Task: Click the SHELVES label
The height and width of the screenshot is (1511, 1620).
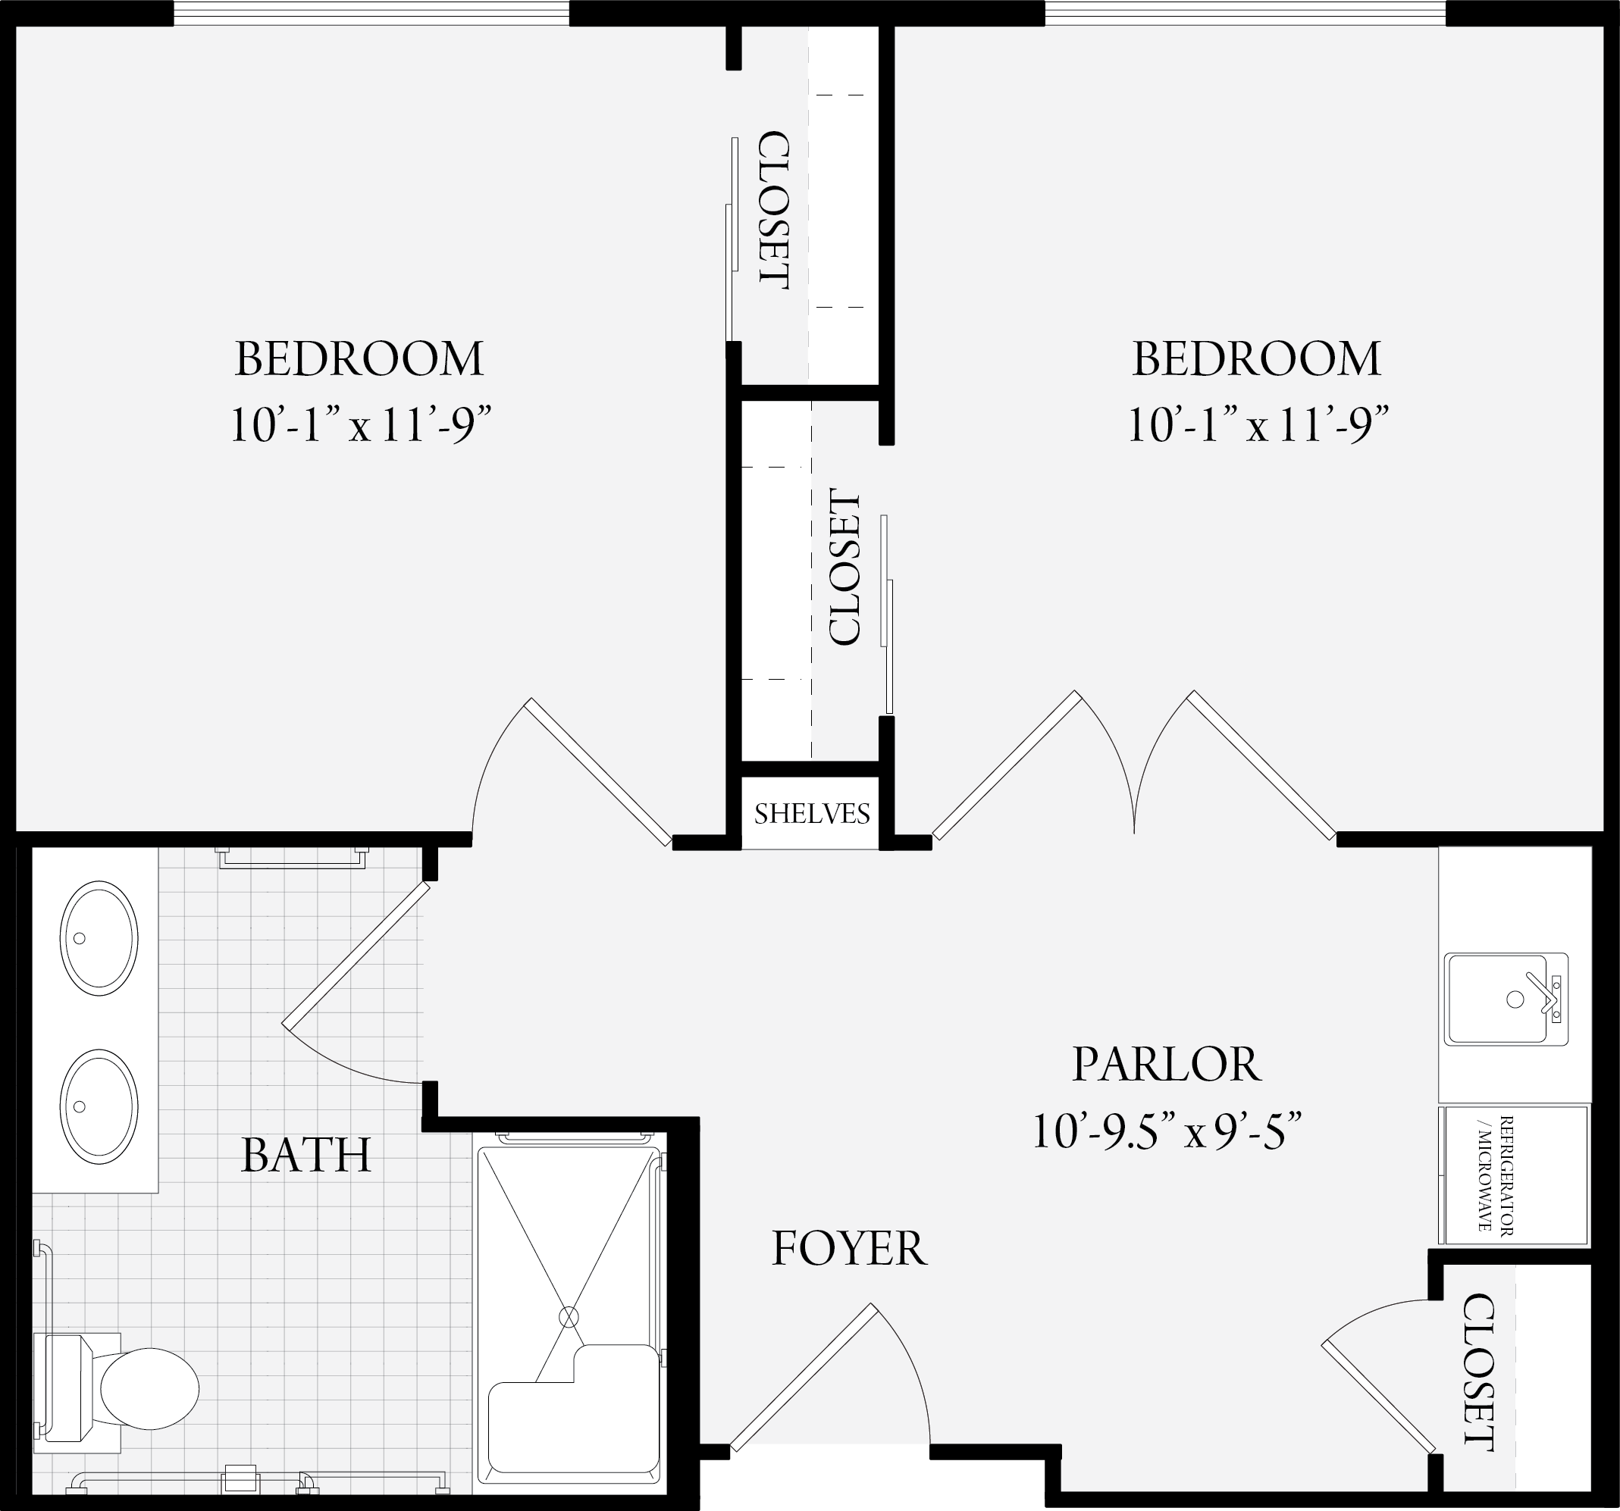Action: pos(812,814)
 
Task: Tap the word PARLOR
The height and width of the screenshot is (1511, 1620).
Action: pos(1166,1064)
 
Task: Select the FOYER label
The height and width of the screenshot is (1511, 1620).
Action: pos(849,1249)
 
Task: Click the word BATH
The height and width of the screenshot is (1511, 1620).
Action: pos(306,1155)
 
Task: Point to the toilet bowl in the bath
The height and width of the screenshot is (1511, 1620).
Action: pos(149,1389)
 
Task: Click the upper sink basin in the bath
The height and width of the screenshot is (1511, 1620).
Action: pos(99,937)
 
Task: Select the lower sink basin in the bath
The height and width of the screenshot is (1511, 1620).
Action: pos(99,1106)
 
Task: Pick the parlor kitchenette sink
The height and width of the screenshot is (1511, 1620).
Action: pos(1506,1000)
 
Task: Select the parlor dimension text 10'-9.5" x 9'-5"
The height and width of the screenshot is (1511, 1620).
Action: pos(1166,1131)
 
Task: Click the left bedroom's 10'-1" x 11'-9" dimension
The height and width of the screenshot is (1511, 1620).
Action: pos(360,424)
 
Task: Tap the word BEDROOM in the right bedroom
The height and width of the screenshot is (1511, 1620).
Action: pos(1257,358)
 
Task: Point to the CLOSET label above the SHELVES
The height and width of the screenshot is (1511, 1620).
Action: pos(844,567)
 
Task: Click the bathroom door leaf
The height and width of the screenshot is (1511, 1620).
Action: pos(356,954)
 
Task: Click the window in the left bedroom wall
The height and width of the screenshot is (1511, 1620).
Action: pos(371,13)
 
